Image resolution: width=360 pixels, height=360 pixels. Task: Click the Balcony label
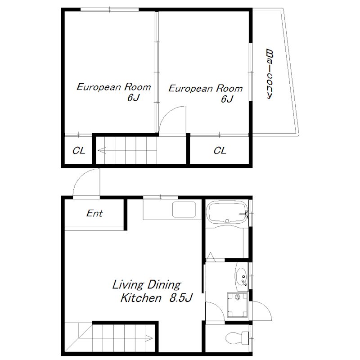pos(270,74)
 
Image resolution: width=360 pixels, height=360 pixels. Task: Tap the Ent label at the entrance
pos(94,213)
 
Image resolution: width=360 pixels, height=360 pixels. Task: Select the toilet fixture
pos(237,338)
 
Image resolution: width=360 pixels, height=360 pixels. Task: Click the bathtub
pos(227,212)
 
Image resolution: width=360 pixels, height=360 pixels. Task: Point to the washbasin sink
pos(241,276)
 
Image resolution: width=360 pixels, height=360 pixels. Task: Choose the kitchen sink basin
pos(184,209)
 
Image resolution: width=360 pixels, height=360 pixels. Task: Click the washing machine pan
pos(238,305)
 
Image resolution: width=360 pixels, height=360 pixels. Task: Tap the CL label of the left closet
pos(79,151)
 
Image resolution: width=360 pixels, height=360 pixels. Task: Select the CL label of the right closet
pos(220,151)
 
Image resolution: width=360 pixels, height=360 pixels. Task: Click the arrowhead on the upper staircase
pos(102,151)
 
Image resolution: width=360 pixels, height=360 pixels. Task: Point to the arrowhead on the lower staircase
pos(149,338)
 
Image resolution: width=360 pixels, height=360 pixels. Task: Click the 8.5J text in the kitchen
pos(181,298)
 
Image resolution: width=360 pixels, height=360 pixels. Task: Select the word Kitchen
pos(141,298)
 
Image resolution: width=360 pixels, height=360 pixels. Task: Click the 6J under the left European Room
pos(133,98)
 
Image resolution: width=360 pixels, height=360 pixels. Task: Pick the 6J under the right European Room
pos(227,99)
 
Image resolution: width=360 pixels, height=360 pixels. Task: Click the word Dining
pos(164,285)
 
